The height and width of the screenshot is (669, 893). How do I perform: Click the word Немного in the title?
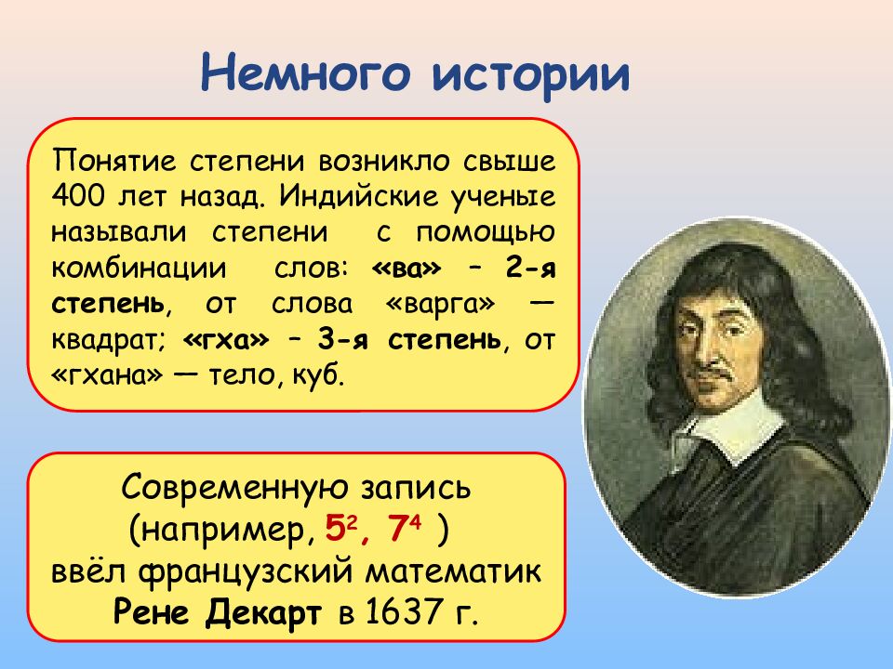click(x=305, y=72)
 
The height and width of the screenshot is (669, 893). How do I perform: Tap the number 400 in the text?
click(x=78, y=196)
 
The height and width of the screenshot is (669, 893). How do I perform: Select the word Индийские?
click(x=359, y=196)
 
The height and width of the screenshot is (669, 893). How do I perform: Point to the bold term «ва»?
click(x=407, y=268)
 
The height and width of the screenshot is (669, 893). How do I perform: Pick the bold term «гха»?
click(x=226, y=340)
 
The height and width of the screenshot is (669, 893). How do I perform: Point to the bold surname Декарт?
click(x=263, y=613)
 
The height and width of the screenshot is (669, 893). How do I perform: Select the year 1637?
click(x=403, y=612)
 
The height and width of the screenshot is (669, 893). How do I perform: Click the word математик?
click(x=453, y=571)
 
